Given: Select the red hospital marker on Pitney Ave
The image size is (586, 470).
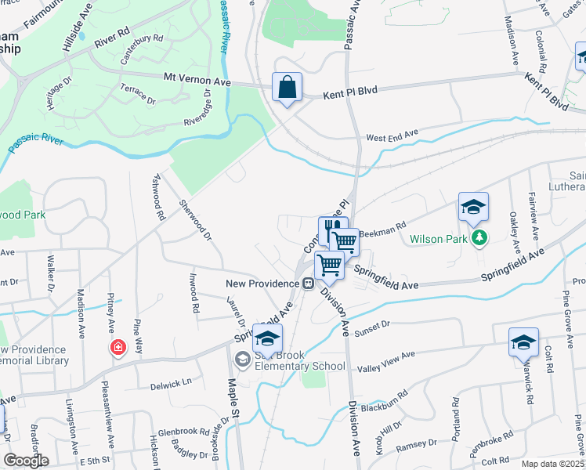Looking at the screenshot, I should click(x=118, y=347).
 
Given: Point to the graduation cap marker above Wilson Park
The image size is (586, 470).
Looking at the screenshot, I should click(x=473, y=207).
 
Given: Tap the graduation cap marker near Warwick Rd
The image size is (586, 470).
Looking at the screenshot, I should click(x=523, y=342).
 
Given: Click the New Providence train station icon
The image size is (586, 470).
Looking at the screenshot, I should click(x=309, y=284).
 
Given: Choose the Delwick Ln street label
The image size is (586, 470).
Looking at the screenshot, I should click(x=171, y=385).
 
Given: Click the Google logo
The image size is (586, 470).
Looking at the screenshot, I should click(x=26, y=461).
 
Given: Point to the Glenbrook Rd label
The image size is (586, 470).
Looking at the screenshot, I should click(x=181, y=432).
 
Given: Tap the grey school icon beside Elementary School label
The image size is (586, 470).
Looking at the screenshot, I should click(x=241, y=360).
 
